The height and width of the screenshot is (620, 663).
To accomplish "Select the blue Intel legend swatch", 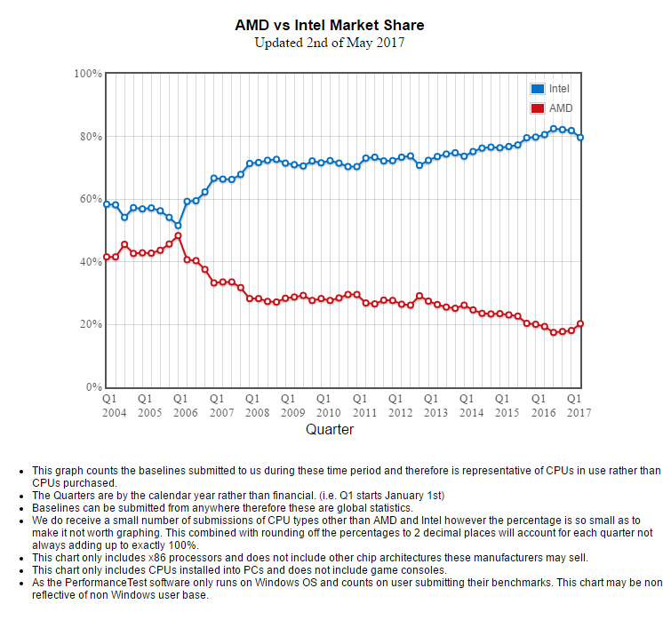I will (537, 89).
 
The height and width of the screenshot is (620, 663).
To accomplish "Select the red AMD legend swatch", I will (537, 108).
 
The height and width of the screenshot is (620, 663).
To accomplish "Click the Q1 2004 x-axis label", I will (113, 405).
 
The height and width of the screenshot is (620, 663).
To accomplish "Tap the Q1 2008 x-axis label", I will (256, 405).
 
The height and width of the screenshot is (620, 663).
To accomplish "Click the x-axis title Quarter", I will (330, 430).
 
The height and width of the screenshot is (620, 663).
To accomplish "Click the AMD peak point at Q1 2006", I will (178, 235).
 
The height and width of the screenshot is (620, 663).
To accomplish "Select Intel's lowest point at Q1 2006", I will (178, 226).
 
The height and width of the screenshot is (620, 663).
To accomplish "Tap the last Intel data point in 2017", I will (580, 137).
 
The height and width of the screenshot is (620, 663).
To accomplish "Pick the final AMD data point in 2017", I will (580, 323).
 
